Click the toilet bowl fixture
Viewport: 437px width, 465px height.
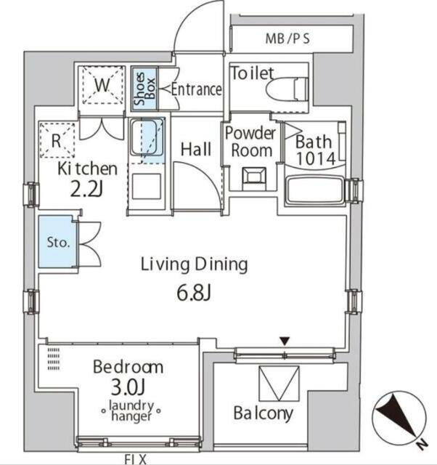click(x=287, y=89)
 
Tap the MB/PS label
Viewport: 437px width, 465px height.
click(x=287, y=39)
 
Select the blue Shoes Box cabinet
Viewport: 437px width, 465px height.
click(x=144, y=89)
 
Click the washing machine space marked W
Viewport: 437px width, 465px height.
click(x=102, y=86)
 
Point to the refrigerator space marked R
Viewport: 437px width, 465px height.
click(x=57, y=140)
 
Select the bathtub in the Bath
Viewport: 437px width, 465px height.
click(x=315, y=190)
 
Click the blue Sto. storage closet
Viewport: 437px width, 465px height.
click(x=57, y=242)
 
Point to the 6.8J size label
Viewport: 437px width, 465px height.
click(x=194, y=293)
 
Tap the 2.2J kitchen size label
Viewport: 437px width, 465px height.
click(x=86, y=190)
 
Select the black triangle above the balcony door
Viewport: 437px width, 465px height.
click(x=285, y=341)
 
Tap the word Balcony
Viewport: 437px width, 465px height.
click(x=263, y=413)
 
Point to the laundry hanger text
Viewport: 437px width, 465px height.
click(x=131, y=411)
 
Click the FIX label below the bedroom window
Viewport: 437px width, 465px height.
click(x=136, y=459)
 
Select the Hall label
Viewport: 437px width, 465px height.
click(x=196, y=149)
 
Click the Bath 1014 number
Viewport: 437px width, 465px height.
click(x=316, y=159)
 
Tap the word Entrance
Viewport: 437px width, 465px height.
click(x=197, y=89)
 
